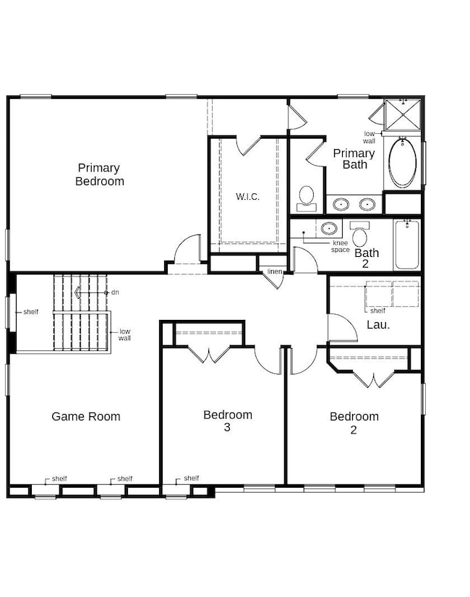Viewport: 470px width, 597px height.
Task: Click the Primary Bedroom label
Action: (100, 174)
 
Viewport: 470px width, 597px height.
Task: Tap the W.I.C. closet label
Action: (247, 196)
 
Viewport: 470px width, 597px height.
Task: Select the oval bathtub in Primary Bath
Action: (403, 163)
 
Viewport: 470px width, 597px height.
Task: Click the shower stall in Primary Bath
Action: (403, 114)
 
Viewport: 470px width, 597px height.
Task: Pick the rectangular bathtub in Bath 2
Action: (407, 245)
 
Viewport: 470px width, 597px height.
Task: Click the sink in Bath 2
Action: (329, 229)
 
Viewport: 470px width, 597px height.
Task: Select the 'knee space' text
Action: (341, 246)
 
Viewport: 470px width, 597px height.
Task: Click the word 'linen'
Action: (275, 271)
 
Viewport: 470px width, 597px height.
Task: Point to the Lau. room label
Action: (378, 324)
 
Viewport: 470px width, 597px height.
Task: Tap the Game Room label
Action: (86, 416)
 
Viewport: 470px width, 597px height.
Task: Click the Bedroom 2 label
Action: (354, 423)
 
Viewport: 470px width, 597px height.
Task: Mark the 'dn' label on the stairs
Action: (115, 292)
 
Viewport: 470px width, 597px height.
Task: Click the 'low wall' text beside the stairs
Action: (124, 334)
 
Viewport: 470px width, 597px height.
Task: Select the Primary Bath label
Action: (354, 158)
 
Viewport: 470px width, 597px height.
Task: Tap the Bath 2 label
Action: (367, 258)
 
